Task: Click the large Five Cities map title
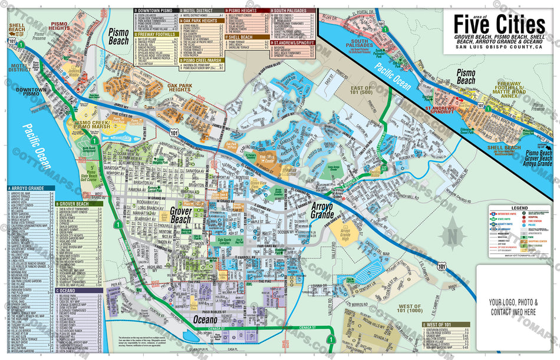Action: (x=499, y=25)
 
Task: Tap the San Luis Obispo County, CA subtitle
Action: (x=499, y=51)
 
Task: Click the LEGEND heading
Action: (x=519, y=208)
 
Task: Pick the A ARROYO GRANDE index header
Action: (x=29, y=189)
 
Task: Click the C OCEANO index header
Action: (x=75, y=290)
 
